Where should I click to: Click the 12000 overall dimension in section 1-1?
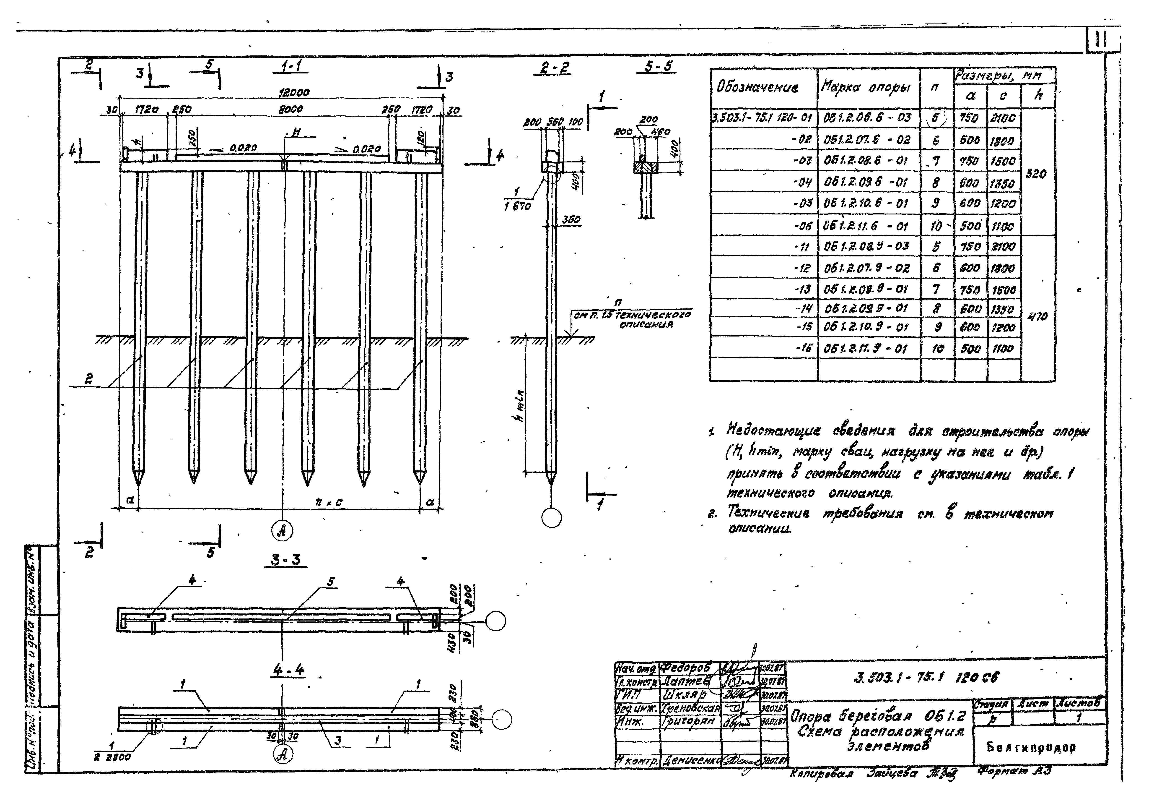point(294,93)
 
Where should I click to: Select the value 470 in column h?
point(1037,316)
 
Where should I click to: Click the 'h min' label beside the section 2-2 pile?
point(520,405)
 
